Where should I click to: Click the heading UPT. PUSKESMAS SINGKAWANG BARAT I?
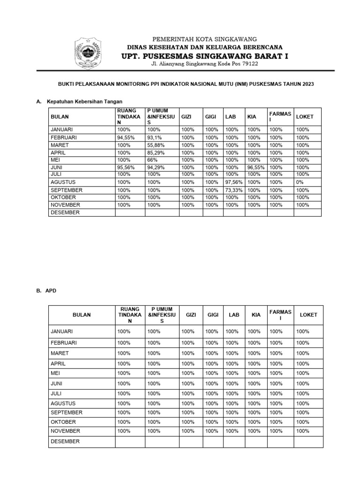[x=205, y=56]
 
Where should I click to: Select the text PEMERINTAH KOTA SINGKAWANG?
[x=205, y=39]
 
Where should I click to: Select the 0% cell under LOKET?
[x=300, y=182]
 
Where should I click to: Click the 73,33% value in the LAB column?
[x=233, y=190]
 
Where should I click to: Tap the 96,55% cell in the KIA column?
[x=256, y=167]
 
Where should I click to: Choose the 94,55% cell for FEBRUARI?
[x=126, y=138]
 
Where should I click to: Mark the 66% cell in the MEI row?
[x=152, y=160]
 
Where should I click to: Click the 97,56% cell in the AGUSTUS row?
[x=233, y=182]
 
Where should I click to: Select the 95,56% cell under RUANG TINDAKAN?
[x=126, y=167]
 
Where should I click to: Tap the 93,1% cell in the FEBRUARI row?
[x=155, y=138]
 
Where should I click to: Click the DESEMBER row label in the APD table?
[x=65, y=442]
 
